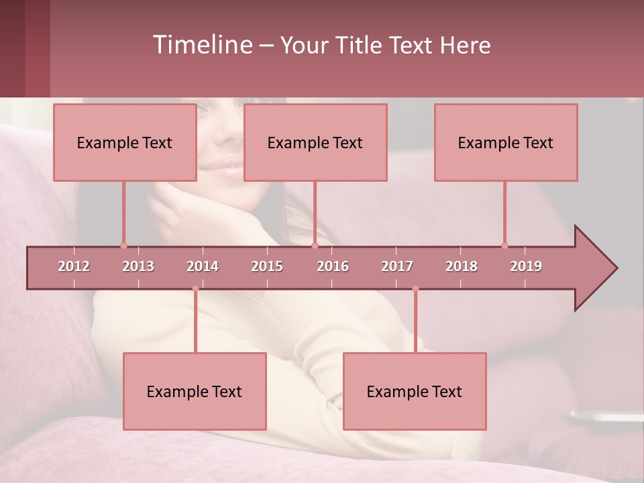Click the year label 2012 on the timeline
(x=74, y=266)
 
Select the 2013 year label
(x=138, y=266)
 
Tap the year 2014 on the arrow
(x=203, y=266)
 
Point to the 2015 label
(x=267, y=266)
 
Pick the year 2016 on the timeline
(x=333, y=266)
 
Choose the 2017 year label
(x=397, y=266)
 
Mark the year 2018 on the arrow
(x=462, y=266)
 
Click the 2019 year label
(x=526, y=266)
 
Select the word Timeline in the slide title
(x=201, y=45)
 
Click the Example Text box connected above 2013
(x=125, y=142)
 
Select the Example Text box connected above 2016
(x=315, y=142)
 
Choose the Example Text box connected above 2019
(x=506, y=142)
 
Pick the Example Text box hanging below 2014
(x=195, y=391)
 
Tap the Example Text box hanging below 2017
(x=415, y=391)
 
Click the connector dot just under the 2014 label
(x=195, y=288)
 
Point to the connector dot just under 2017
(x=415, y=288)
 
